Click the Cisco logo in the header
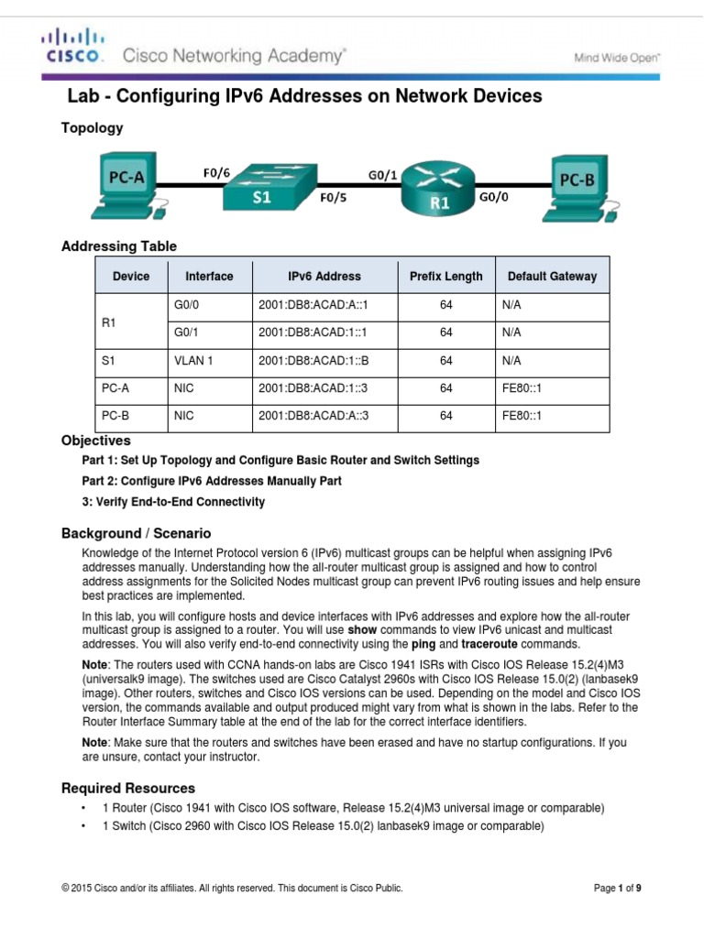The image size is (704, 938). tap(74, 46)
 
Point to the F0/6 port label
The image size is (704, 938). tap(217, 169)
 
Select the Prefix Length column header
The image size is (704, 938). tap(445, 276)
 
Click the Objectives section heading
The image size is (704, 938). tap(96, 441)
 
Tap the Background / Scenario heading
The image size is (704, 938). tap(136, 532)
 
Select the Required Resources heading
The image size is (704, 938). tap(128, 788)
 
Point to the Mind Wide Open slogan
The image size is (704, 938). tap(616, 58)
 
